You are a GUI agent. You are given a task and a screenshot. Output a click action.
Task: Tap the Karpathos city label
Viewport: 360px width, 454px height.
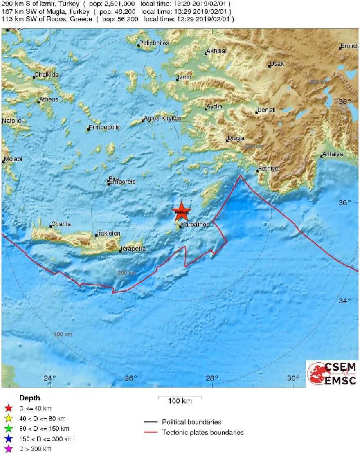pos(196,225)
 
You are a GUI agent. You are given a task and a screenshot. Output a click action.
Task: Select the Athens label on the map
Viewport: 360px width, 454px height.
pos(49,99)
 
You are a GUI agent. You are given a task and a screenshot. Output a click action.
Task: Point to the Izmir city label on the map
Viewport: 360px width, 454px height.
pos(185,77)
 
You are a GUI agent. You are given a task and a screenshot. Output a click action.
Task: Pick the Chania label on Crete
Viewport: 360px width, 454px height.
pos(61,224)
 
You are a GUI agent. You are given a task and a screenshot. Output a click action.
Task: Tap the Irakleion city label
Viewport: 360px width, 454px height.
pos(109,234)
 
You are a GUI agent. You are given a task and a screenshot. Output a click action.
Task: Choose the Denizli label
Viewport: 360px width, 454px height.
pos(267,110)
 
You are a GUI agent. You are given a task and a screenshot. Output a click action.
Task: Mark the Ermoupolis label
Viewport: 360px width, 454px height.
pos(105,127)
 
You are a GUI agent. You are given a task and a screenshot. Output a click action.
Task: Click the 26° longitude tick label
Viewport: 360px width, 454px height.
pos(131,378)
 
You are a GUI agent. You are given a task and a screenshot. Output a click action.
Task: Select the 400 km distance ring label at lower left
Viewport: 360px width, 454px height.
pos(63,335)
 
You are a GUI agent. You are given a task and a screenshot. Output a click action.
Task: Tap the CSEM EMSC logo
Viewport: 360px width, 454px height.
pos(332,373)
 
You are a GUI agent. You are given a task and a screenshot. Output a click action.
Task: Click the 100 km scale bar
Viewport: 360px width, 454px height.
pos(180,397)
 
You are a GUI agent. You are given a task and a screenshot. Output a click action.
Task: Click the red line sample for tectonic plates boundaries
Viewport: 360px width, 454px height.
pos(151,432)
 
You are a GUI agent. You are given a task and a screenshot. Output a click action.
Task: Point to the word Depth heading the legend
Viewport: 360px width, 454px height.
pos(30,398)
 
